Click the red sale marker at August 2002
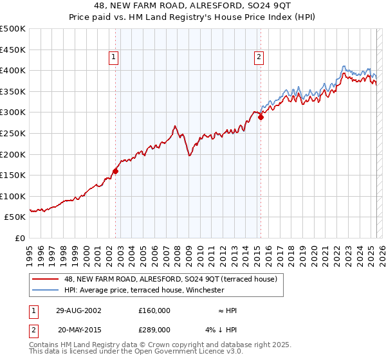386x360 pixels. click(x=116, y=171)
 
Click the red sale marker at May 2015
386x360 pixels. click(x=261, y=117)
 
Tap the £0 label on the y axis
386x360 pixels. click(x=20, y=238)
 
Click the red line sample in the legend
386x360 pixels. click(x=46, y=279)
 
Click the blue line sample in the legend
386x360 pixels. click(x=46, y=290)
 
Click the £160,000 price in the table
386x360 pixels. click(x=154, y=310)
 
